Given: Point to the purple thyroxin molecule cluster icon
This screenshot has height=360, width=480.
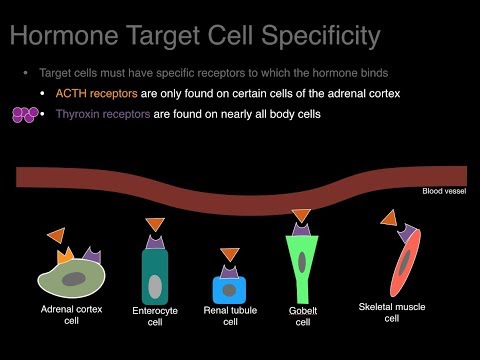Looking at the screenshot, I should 20,114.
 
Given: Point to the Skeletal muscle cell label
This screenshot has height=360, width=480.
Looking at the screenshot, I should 392,311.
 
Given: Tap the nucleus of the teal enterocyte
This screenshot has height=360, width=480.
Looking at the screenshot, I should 155,286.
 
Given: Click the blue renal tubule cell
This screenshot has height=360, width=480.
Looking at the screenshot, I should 230,289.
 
